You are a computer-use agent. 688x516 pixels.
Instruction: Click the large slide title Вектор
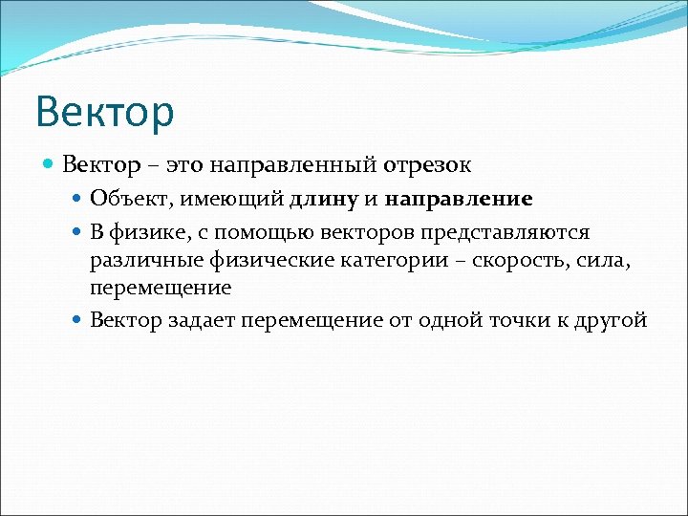coord(105,111)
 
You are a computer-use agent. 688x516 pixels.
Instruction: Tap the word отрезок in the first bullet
coord(427,165)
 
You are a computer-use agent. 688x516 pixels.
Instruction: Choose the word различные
coord(138,261)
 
